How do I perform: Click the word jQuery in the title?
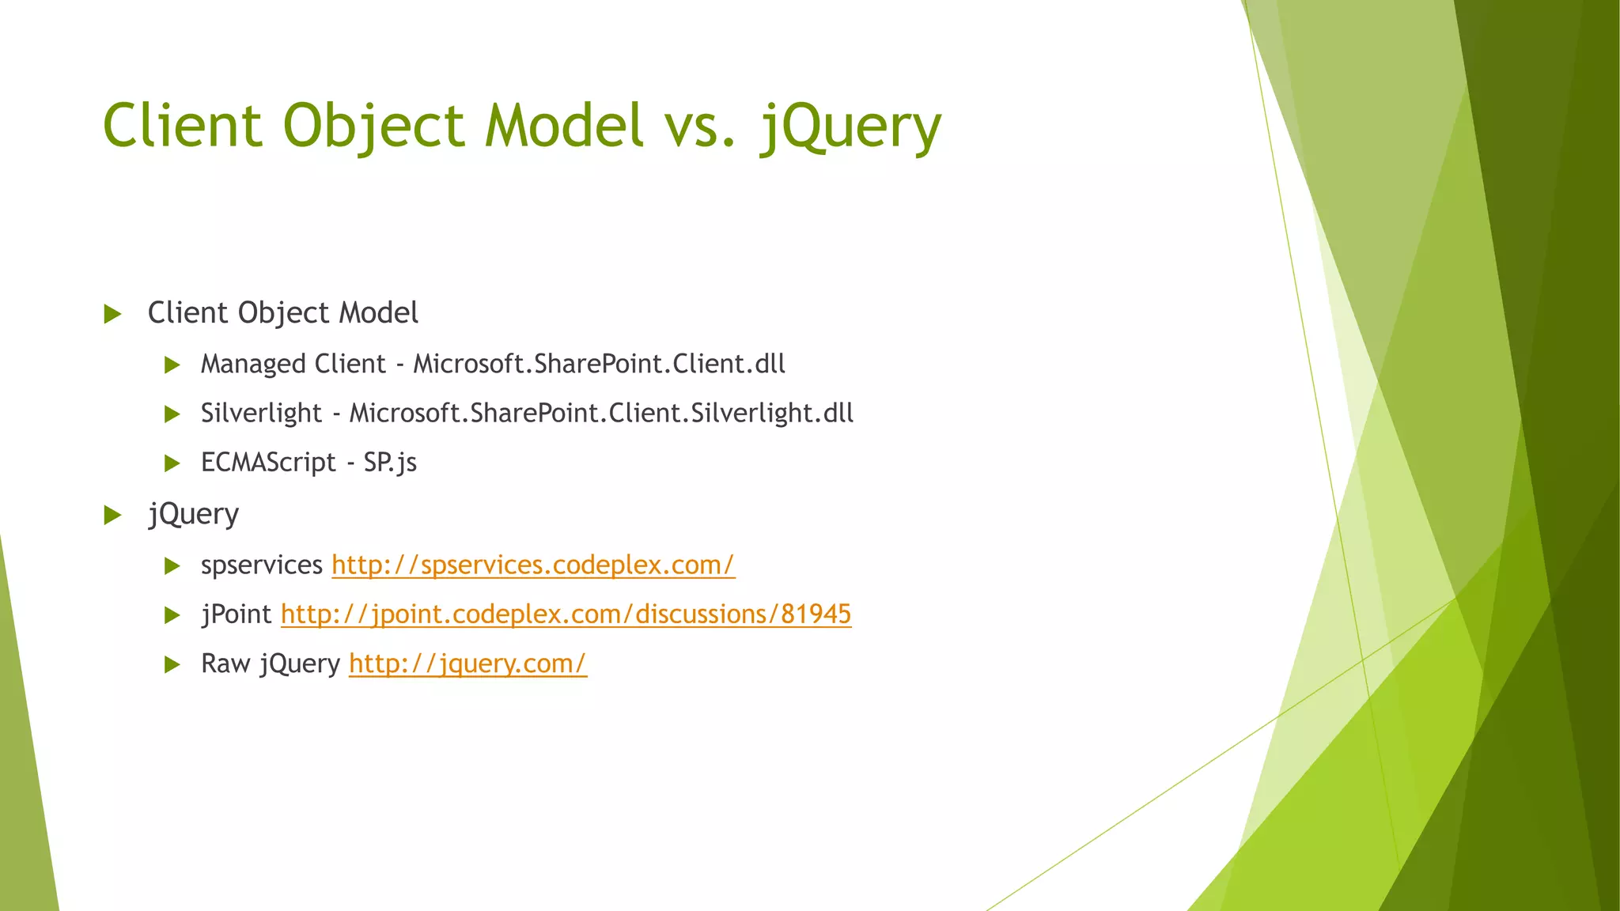850,127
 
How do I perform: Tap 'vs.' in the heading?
699,127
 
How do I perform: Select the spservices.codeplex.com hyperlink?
532,565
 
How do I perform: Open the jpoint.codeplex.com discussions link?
566,614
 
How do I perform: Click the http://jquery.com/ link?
467,663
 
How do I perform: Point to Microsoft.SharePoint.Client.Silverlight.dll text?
601,413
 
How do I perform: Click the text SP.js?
390,463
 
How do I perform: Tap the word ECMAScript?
268,463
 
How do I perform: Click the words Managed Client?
293,364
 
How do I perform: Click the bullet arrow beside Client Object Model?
112,314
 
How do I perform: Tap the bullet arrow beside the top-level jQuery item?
112,516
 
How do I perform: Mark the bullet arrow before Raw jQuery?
172,664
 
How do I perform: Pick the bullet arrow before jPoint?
172,615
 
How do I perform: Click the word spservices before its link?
261,565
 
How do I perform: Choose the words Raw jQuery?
271,663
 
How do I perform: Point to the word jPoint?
236,614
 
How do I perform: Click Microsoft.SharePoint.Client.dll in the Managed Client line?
599,364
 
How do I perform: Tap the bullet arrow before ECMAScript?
172,463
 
